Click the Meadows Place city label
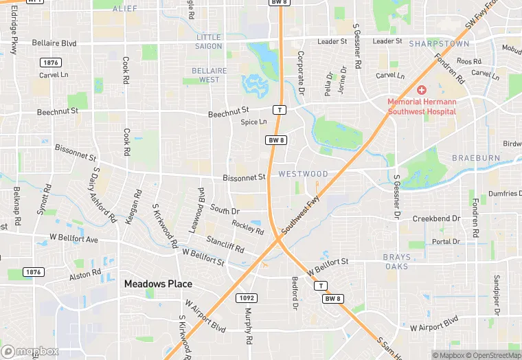pos(158,284)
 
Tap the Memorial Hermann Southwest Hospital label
pos(422,106)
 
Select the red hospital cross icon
pos(422,91)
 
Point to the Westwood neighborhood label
pos(303,175)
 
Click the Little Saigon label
pos(209,41)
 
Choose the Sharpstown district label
pos(439,43)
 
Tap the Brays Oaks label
pos(396,262)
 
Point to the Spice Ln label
pos(253,122)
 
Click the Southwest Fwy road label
pos(300,215)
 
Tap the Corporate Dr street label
pos(301,72)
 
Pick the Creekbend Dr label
pos(435,218)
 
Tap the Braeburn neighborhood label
pos(476,158)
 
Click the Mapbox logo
pos(30,351)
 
